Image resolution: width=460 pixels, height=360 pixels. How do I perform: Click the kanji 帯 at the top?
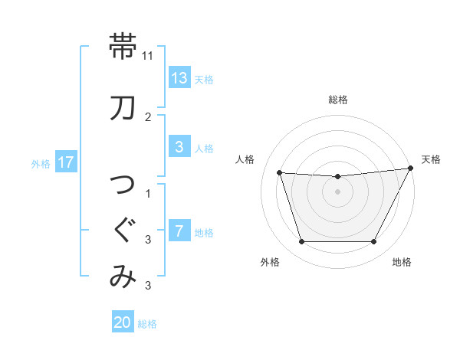pos(123,46)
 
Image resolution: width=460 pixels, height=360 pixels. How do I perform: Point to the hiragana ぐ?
pos(123,230)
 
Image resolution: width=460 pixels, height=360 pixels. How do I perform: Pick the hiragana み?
pos(123,277)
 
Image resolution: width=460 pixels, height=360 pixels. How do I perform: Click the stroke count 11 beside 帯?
pos(148,56)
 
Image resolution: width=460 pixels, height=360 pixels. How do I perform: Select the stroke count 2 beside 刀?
pos(148,117)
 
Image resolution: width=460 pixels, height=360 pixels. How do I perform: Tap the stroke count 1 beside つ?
pos(148,193)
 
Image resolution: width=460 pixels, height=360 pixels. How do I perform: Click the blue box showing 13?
pos(179,78)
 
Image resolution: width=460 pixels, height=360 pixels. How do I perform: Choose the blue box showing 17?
pos(65,162)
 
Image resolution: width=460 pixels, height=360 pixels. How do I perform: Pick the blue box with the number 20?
pos(123,322)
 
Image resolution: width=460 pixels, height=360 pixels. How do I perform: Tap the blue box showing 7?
pos(179,231)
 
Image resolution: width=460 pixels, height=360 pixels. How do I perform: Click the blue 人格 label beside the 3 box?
pos(204,149)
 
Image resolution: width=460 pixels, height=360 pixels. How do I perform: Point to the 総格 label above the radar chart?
pos(338,100)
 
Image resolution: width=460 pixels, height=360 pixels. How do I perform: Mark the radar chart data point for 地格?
pos(373,242)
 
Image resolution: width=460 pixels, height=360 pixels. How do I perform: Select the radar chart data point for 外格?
pos(301,242)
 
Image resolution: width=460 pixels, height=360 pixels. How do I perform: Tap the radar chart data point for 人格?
pos(279,173)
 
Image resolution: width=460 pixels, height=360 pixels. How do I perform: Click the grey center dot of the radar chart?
pos(337,191)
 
